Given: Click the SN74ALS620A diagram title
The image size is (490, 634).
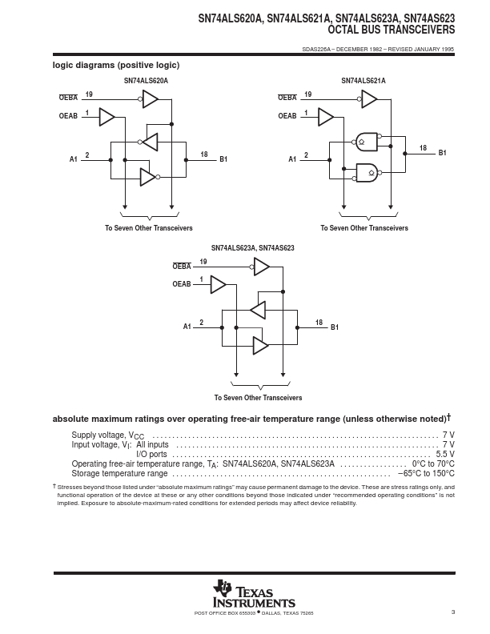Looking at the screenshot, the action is [x=146, y=81].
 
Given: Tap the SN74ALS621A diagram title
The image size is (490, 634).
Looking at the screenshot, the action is [x=363, y=81].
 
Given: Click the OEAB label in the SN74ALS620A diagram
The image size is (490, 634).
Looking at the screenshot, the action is [x=68, y=116].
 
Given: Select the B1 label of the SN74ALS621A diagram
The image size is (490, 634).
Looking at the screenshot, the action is [x=442, y=153].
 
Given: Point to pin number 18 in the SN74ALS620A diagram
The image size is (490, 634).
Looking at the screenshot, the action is [x=204, y=154].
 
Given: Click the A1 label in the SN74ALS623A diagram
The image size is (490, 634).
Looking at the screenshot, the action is [x=187, y=327].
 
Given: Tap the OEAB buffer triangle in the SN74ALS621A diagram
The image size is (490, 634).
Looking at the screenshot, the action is [x=326, y=117].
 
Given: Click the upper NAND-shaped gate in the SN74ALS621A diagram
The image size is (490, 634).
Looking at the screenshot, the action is [x=367, y=142].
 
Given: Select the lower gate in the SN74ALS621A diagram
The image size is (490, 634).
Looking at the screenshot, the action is [x=367, y=173].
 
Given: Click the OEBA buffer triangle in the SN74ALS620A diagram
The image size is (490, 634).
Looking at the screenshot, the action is [x=150, y=98].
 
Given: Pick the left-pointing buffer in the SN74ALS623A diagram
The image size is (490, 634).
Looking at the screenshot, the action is [x=258, y=310].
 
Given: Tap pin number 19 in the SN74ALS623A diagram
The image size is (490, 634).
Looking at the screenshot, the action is [x=203, y=262].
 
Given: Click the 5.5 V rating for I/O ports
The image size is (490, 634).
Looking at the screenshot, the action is [x=445, y=454].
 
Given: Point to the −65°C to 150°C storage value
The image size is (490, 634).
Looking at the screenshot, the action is [x=426, y=473].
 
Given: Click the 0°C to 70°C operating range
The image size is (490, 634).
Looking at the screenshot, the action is [x=433, y=463].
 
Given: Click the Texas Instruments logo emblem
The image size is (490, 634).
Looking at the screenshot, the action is [x=222, y=588].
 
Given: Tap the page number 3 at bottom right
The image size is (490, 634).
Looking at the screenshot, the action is [x=453, y=612].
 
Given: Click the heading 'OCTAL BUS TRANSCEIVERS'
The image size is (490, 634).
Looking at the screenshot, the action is [x=392, y=30].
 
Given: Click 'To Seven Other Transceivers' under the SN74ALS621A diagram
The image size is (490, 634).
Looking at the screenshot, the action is [x=364, y=228].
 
